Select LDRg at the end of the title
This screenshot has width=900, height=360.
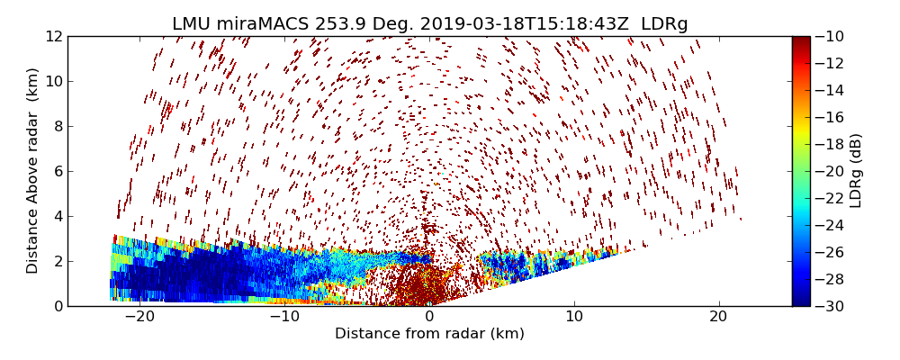(x=664, y=24)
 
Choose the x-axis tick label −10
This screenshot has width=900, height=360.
(x=284, y=317)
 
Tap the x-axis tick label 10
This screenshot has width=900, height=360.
(x=574, y=317)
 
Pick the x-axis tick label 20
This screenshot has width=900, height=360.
(x=718, y=317)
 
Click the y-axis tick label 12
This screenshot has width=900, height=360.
(x=54, y=36)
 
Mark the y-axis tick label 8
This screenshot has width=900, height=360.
(x=58, y=126)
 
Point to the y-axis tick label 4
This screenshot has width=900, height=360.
(x=58, y=216)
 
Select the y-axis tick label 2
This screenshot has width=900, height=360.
(x=58, y=261)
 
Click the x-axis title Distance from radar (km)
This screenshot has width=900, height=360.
(x=429, y=334)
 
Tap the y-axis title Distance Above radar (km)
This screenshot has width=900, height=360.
(x=33, y=171)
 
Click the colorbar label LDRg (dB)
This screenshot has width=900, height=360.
(x=856, y=171)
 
